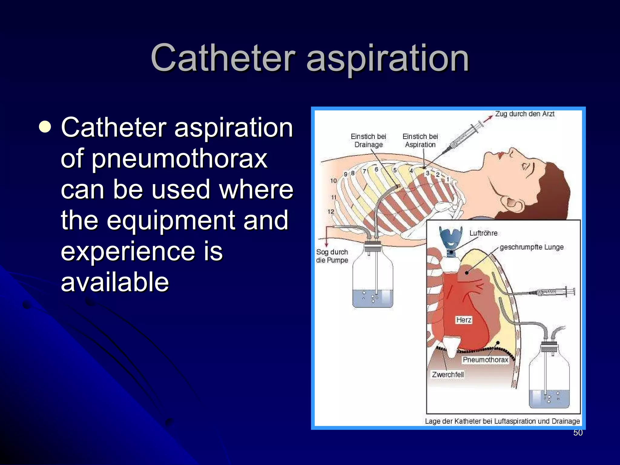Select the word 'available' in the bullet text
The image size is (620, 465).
pyautogui.click(x=115, y=282)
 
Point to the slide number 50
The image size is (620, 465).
pyautogui.click(x=578, y=433)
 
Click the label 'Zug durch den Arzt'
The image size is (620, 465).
pyautogui.click(x=524, y=114)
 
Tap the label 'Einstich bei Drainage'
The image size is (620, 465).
pyautogui.click(x=368, y=140)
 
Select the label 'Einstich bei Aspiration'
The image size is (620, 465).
pyautogui.click(x=420, y=140)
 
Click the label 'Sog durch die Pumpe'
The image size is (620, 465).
pyautogui.click(x=332, y=256)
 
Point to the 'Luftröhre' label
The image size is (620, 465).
pyautogui.click(x=483, y=233)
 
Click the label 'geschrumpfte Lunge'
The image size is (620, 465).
pyautogui.click(x=531, y=247)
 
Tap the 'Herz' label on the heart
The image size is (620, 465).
pyautogui.click(x=463, y=320)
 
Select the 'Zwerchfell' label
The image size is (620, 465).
pyautogui.click(x=448, y=374)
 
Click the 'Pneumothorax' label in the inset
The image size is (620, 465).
pyautogui.click(x=485, y=360)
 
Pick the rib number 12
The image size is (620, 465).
pyautogui.click(x=331, y=212)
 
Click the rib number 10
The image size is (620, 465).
pyautogui.click(x=333, y=181)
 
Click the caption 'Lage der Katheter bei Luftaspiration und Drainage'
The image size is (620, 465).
pyautogui.click(x=502, y=421)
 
